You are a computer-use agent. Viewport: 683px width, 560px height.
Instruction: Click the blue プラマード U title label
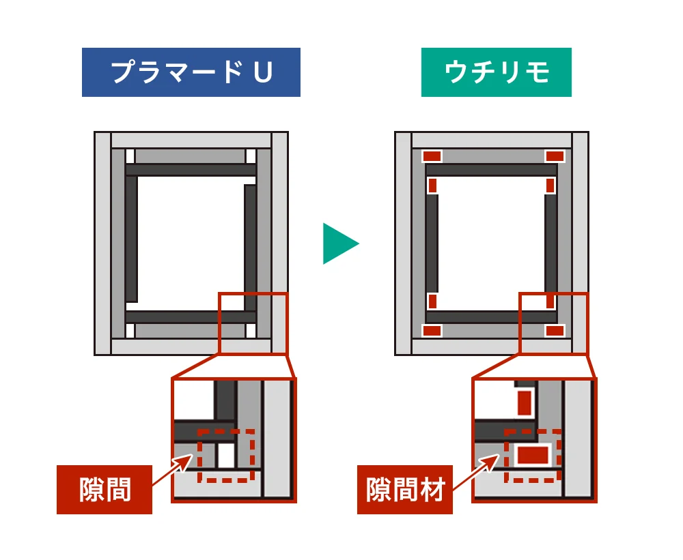[x=191, y=72]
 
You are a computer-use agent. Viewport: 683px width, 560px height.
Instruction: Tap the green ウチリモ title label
[x=496, y=72]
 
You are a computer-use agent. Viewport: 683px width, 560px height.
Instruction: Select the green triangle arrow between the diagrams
[x=339, y=244]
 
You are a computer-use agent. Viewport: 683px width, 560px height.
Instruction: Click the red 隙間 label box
[x=104, y=489]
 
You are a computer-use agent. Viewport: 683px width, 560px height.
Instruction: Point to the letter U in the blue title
[x=263, y=72]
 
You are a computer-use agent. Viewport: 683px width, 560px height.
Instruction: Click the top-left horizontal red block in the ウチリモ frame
[x=432, y=156]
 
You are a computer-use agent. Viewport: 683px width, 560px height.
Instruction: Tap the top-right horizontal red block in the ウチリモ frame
[x=555, y=156]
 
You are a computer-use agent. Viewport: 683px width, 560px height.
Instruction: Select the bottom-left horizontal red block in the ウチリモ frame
[x=432, y=331]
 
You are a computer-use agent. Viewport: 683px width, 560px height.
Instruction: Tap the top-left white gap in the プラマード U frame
[x=130, y=156]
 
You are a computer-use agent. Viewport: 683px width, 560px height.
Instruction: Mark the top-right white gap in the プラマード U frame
[x=251, y=156]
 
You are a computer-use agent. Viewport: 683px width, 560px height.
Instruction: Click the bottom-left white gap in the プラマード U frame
[x=130, y=331]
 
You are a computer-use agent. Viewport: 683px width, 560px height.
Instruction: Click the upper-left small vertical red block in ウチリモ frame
[x=432, y=185]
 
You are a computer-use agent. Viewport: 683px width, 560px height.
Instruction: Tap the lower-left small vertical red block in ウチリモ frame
[x=432, y=301]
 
